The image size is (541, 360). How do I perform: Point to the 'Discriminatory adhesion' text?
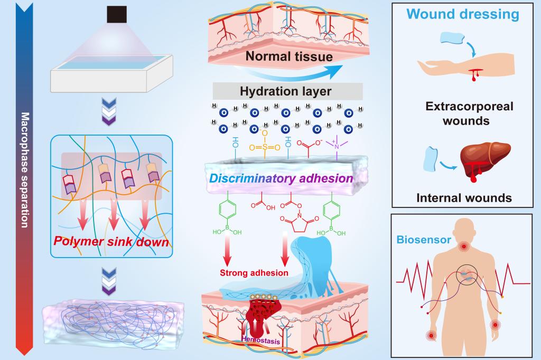point(281,178)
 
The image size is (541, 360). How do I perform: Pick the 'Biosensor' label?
point(425,240)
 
